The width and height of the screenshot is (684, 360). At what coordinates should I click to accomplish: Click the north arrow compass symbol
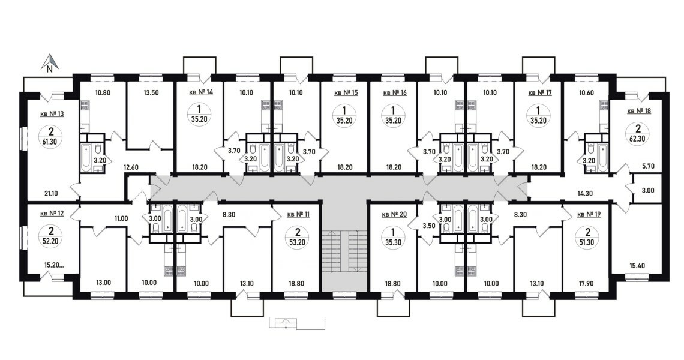click(x=50, y=62)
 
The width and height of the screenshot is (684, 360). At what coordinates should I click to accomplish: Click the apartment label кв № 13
click(x=52, y=114)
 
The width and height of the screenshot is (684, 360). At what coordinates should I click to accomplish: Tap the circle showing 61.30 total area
click(x=52, y=136)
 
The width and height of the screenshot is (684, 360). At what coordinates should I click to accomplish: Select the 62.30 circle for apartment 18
click(x=637, y=134)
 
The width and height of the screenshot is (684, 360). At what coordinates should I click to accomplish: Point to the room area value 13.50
click(x=151, y=92)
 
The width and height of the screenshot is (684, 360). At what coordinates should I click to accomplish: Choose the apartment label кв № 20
click(x=394, y=214)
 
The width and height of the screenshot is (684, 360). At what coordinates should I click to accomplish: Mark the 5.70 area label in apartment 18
click(x=649, y=166)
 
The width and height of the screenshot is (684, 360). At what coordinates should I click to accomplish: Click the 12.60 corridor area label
click(x=131, y=167)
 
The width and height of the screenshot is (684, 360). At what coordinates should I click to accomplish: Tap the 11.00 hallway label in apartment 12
click(x=121, y=218)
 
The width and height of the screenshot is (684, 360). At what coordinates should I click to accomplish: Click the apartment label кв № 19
click(x=589, y=214)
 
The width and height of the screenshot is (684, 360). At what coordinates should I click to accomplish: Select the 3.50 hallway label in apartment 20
click(x=429, y=226)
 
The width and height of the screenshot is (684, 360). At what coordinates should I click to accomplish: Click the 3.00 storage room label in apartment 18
click(x=648, y=190)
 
